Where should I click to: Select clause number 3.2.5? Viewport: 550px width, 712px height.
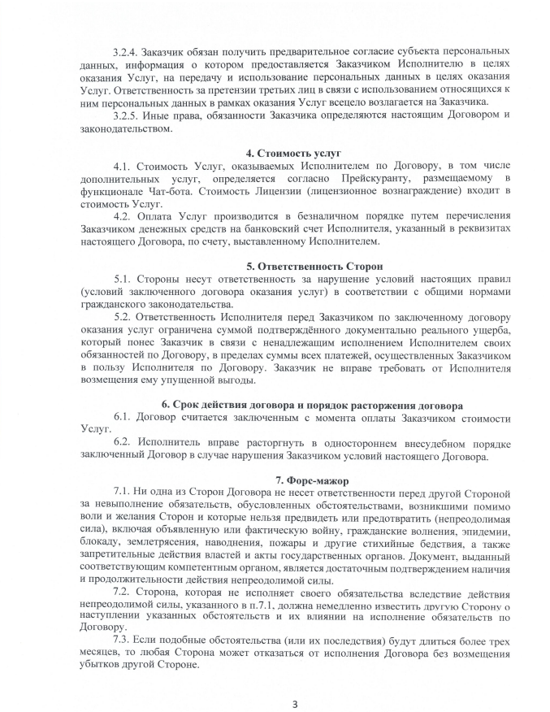coord(127,113)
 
